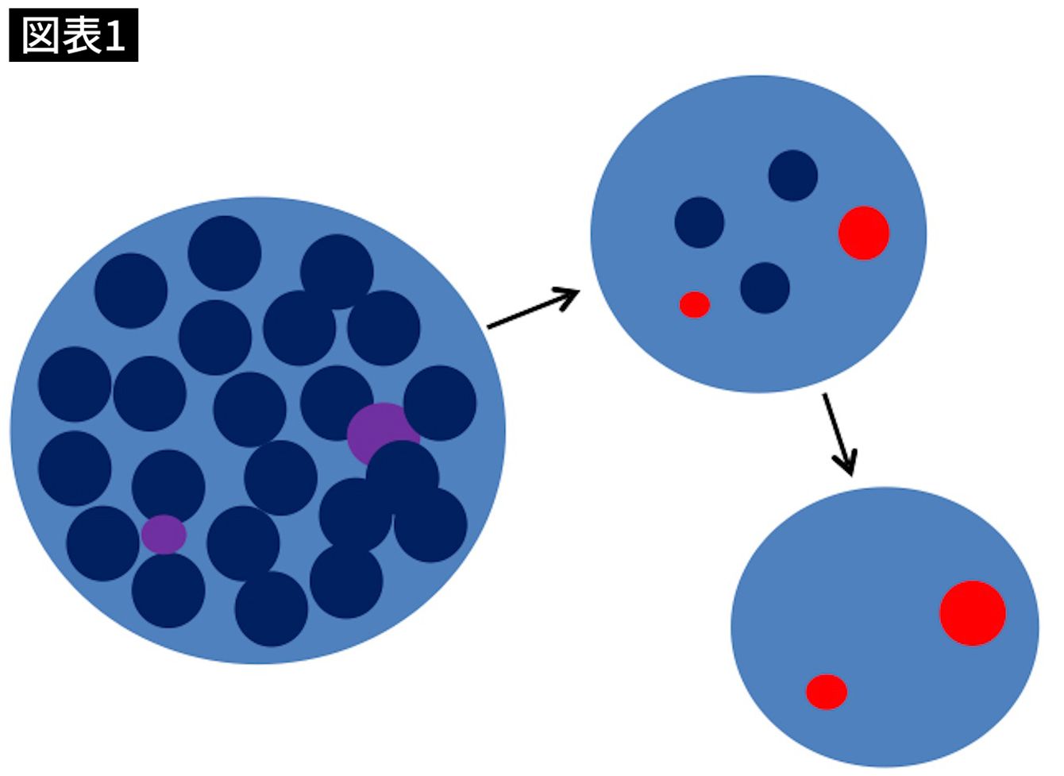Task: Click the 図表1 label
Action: click(x=74, y=35)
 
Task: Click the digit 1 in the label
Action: click(x=114, y=36)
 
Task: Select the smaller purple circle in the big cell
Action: click(x=164, y=535)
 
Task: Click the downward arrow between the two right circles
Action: click(x=840, y=434)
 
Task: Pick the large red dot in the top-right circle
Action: click(x=864, y=233)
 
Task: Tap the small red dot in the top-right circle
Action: click(x=695, y=305)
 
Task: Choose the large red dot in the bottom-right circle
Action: click(x=973, y=613)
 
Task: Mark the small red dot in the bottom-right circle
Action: click(x=827, y=692)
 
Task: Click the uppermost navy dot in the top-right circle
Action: click(x=792, y=176)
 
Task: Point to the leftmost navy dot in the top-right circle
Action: click(x=700, y=222)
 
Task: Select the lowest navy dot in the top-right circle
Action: click(x=765, y=288)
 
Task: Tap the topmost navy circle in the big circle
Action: click(x=224, y=253)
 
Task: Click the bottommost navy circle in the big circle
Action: click(x=272, y=608)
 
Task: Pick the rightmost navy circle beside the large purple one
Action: click(x=440, y=403)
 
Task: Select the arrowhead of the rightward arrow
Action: click(x=567, y=298)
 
